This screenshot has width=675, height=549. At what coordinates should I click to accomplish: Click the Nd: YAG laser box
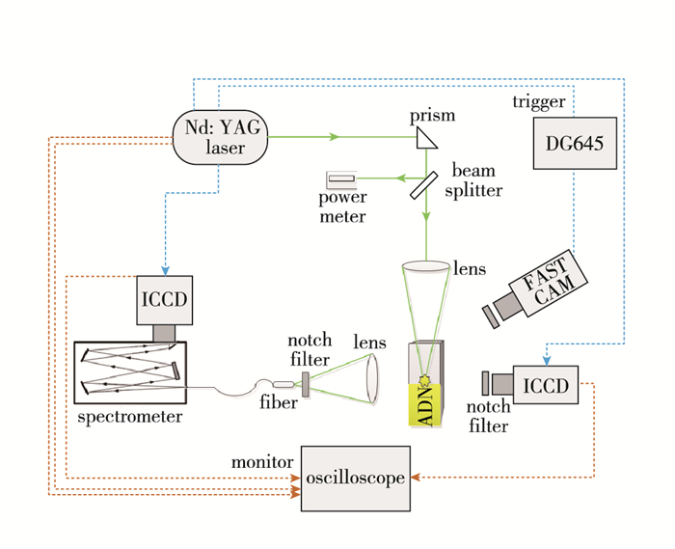pos(221,137)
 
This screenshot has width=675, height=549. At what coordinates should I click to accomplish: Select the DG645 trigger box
pos(574,145)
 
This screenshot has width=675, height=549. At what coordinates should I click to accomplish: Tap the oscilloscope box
pos(355,478)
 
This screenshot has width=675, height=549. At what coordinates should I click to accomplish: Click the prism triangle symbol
pos(426,139)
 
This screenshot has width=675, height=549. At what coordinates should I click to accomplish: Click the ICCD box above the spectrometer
pos(166,299)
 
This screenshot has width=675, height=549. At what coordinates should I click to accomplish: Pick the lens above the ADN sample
pos(425,266)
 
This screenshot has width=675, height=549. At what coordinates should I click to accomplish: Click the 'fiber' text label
pos(277,402)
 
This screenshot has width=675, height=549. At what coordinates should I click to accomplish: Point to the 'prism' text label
pos(432,116)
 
